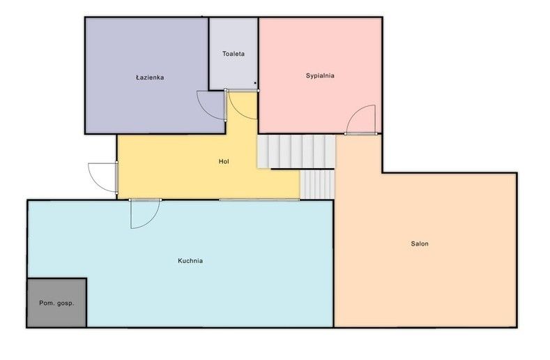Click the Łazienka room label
150,77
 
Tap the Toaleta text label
234,54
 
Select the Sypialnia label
320,75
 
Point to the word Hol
224,161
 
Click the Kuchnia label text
190,261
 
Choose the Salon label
420,243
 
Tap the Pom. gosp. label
56,303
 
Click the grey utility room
57,303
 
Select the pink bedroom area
320,75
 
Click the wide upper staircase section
296,151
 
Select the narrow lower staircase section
317,184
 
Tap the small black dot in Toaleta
255,83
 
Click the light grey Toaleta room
234,54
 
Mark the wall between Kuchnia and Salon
334,264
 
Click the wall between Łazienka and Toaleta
209,54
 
